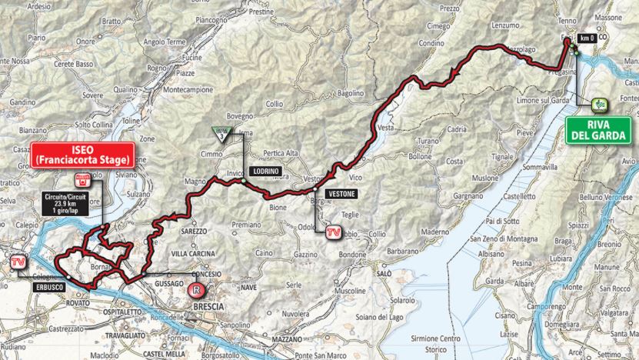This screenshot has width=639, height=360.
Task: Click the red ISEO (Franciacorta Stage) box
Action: coord(83,153)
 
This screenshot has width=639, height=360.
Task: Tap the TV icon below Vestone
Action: coord(333,232)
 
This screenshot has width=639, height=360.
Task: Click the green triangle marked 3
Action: coord(221,136)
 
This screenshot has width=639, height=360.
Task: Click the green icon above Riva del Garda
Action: coord(597,105)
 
